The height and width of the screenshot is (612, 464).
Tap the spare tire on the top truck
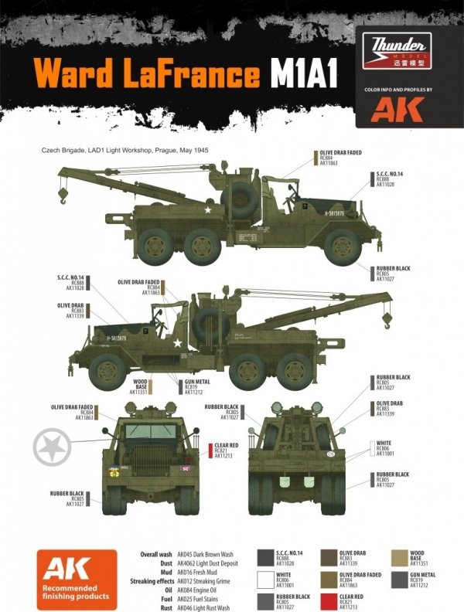pyautogui.click(x=240, y=199)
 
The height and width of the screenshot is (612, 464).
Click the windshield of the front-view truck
pyautogui.click(x=150, y=431)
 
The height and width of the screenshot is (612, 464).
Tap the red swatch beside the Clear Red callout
pyautogui.click(x=210, y=451)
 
